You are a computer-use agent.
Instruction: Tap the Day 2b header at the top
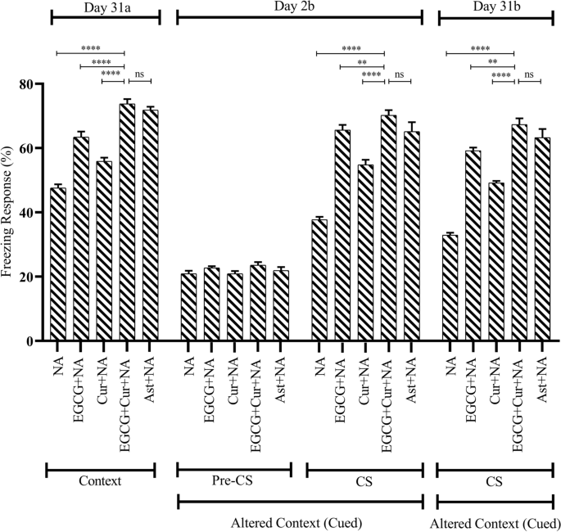(x=298, y=6)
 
